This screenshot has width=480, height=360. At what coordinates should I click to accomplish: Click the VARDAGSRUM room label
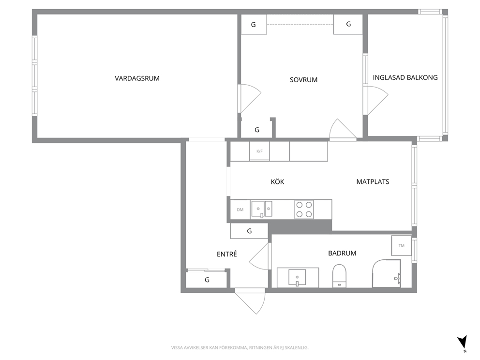pos(137,78)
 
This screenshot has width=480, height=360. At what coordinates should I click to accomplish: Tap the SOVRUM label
pos(303,80)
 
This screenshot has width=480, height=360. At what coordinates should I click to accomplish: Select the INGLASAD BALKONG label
pos(405,78)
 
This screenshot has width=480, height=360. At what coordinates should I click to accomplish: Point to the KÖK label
pos(278,181)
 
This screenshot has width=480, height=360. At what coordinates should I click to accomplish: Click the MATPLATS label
pos(373,181)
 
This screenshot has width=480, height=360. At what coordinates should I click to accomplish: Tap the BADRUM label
pos(342,253)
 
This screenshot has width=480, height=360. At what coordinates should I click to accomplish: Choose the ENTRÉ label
pos(227,254)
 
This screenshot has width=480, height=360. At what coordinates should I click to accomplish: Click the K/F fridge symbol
pos(259,151)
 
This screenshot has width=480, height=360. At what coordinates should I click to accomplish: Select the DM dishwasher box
pos(240,210)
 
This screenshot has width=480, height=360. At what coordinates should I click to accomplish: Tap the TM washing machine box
pos(401,245)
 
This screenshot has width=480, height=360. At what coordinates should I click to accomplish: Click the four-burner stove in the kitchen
pos(304,210)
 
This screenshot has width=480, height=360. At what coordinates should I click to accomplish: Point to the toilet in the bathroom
pos(339,275)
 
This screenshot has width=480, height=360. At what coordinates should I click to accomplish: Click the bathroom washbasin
pos(297,277)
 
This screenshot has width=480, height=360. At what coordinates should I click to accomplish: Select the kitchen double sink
pos(262,209)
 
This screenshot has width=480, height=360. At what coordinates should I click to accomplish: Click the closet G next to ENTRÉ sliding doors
pos(207,280)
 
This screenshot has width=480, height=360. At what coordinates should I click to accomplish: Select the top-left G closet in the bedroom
pos(254,25)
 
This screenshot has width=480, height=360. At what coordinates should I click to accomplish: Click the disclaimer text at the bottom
pos(240,347)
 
